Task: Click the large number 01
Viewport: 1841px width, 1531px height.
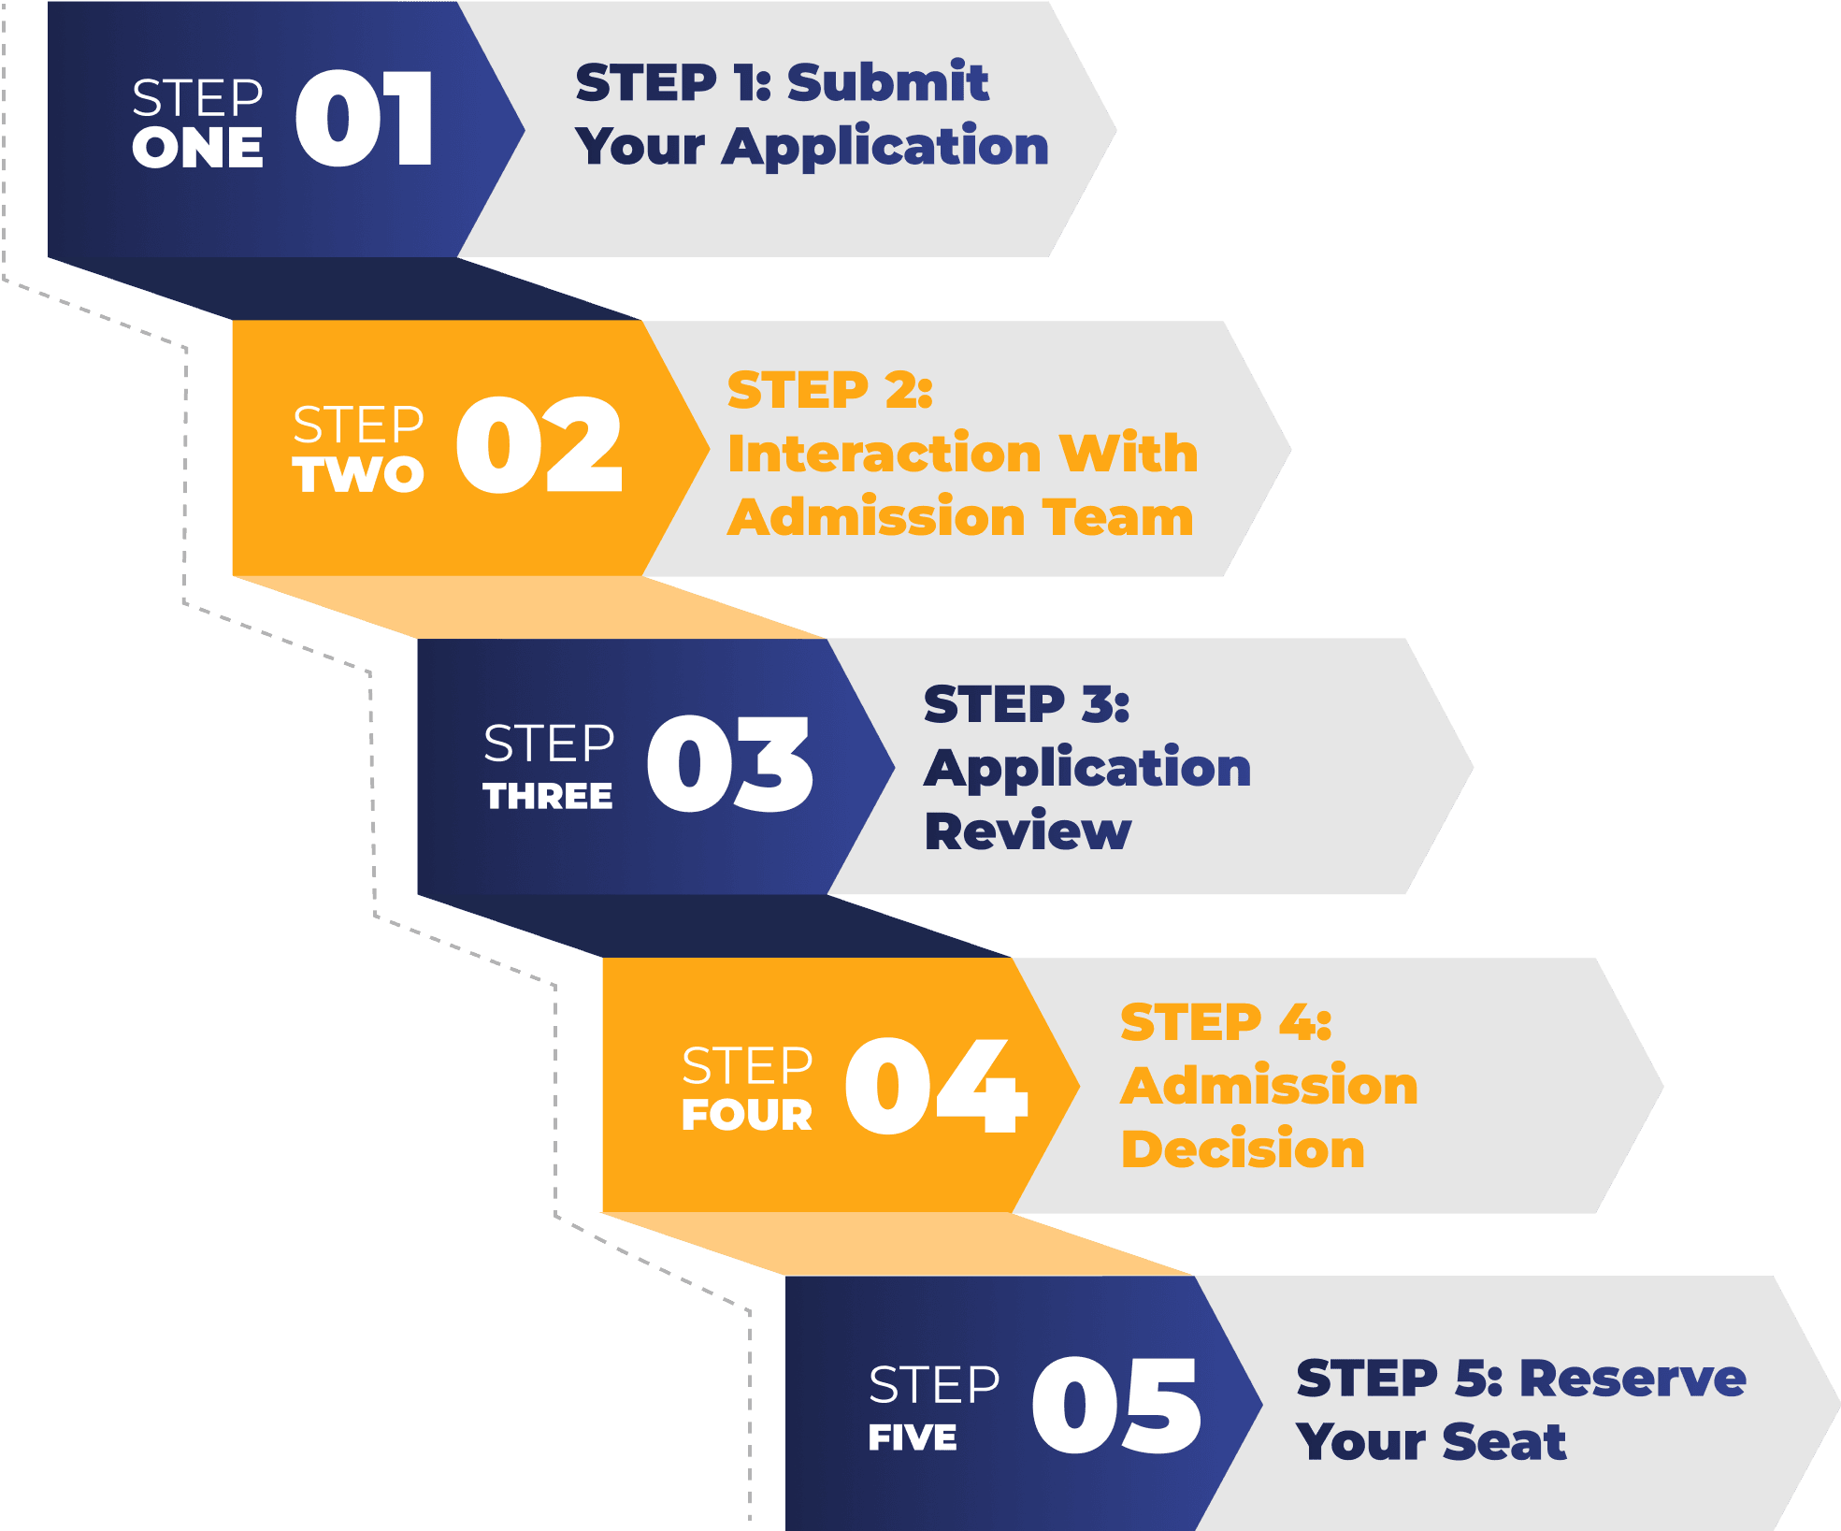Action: click(x=365, y=119)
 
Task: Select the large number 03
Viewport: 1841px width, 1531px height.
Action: click(x=729, y=764)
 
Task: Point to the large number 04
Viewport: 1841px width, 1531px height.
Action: click(x=936, y=1086)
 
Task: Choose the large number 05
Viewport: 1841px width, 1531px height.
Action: click(x=1116, y=1406)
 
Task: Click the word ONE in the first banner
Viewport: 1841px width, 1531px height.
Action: click(x=197, y=149)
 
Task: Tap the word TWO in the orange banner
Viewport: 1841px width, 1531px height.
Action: click(x=358, y=474)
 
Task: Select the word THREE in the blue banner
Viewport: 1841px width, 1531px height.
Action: click(x=548, y=796)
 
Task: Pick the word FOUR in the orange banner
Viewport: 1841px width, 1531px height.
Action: click(x=747, y=1115)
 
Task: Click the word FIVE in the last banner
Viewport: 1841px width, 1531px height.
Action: click(x=913, y=1437)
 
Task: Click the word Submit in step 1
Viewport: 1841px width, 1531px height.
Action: click(x=887, y=82)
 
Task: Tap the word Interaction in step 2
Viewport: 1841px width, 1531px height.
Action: click(x=885, y=454)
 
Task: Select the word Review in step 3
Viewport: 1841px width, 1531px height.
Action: click(x=1028, y=831)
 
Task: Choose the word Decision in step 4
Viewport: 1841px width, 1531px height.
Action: click(x=1243, y=1149)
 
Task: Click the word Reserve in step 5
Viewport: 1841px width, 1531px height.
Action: click(x=1632, y=1379)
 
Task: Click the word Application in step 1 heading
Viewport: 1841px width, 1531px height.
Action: click(x=885, y=148)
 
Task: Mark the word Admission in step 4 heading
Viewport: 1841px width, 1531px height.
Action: click(x=1269, y=1086)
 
